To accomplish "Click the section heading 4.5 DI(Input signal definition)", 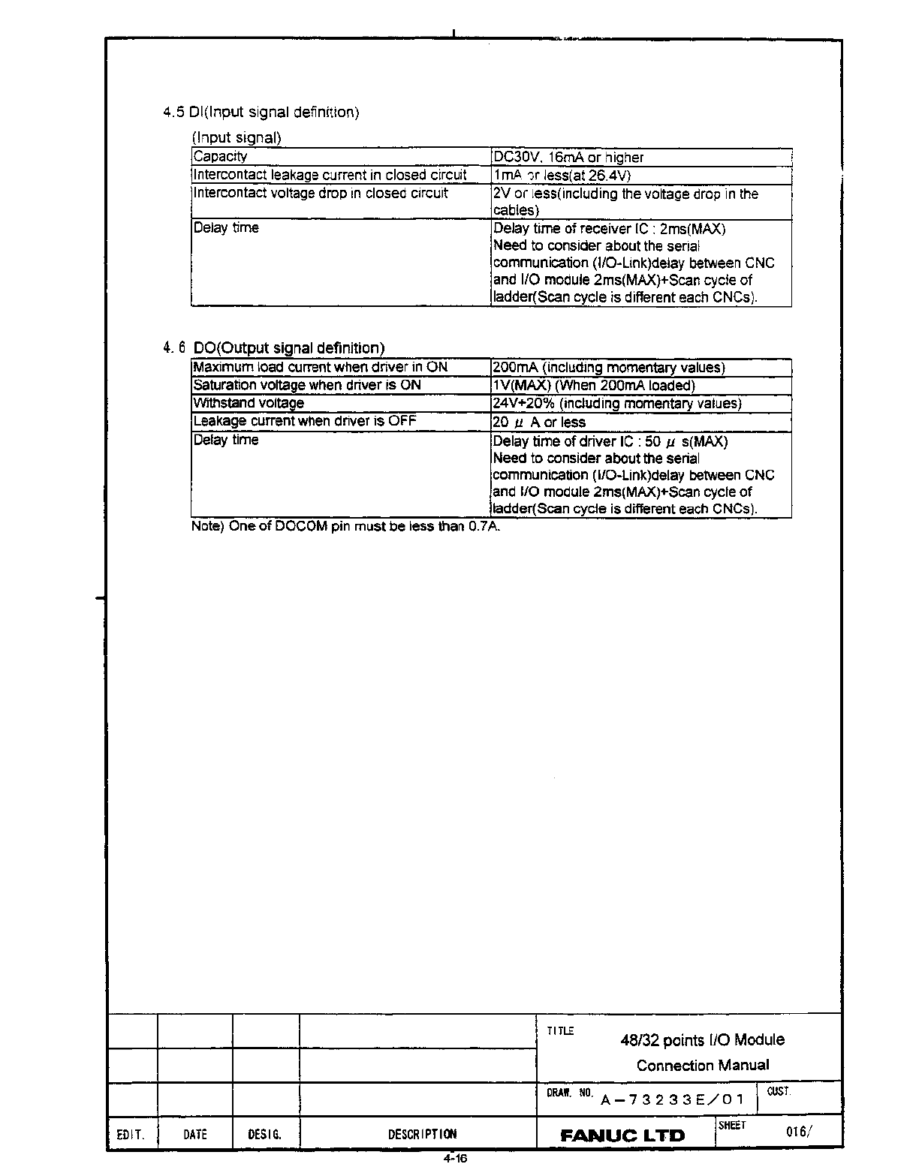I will (261, 113).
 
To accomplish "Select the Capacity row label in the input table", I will (220, 157).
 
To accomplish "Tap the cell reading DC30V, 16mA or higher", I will (568, 158).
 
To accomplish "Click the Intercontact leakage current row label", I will (330, 175).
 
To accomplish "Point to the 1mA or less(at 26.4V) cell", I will (562, 176).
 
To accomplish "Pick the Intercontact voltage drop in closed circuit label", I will (321, 193).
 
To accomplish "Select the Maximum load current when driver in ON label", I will (320, 367).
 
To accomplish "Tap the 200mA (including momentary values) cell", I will (609, 368).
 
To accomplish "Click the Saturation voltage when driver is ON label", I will (307, 385).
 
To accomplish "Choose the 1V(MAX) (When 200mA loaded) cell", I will (594, 386).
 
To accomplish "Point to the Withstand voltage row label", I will (249, 403).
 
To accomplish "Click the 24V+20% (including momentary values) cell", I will (617, 404).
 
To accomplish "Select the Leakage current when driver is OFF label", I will (304, 421).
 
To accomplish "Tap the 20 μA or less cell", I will (539, 423).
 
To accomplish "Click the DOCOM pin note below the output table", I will (345, 526).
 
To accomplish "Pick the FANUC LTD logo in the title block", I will (623, 1135).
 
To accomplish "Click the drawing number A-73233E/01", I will (673, 1100).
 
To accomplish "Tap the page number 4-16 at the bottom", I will (455, 1159).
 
